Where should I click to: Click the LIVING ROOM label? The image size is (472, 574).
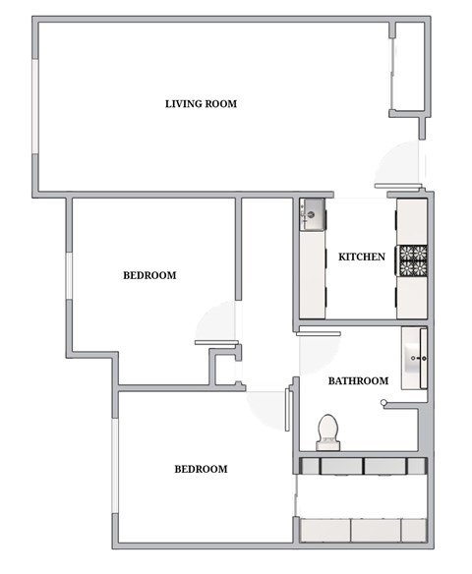pyautogui.click(x=201, y=103)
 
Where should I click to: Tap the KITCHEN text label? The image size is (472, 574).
pyautogui.click(x=361, y=258)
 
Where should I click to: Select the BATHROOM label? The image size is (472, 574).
pyautogui.click(x=358, y=381)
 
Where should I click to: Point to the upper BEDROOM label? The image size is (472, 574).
pyautogui.click(x=149, y=276)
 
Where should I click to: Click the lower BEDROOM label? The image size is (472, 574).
pyautogui.click(x=201, y=470)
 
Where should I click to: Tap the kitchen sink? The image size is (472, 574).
pyautogui.click(x=312, y=212)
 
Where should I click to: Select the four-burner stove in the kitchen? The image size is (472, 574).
pyautogui.click(x=412, y=259)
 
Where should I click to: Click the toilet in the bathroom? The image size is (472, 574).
pyautogui.click(x=327, y=430)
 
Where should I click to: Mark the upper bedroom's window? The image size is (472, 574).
pyautogui.click(x=69, y=274)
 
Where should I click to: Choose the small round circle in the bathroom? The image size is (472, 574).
pyautogui.click(x=384, y=401)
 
